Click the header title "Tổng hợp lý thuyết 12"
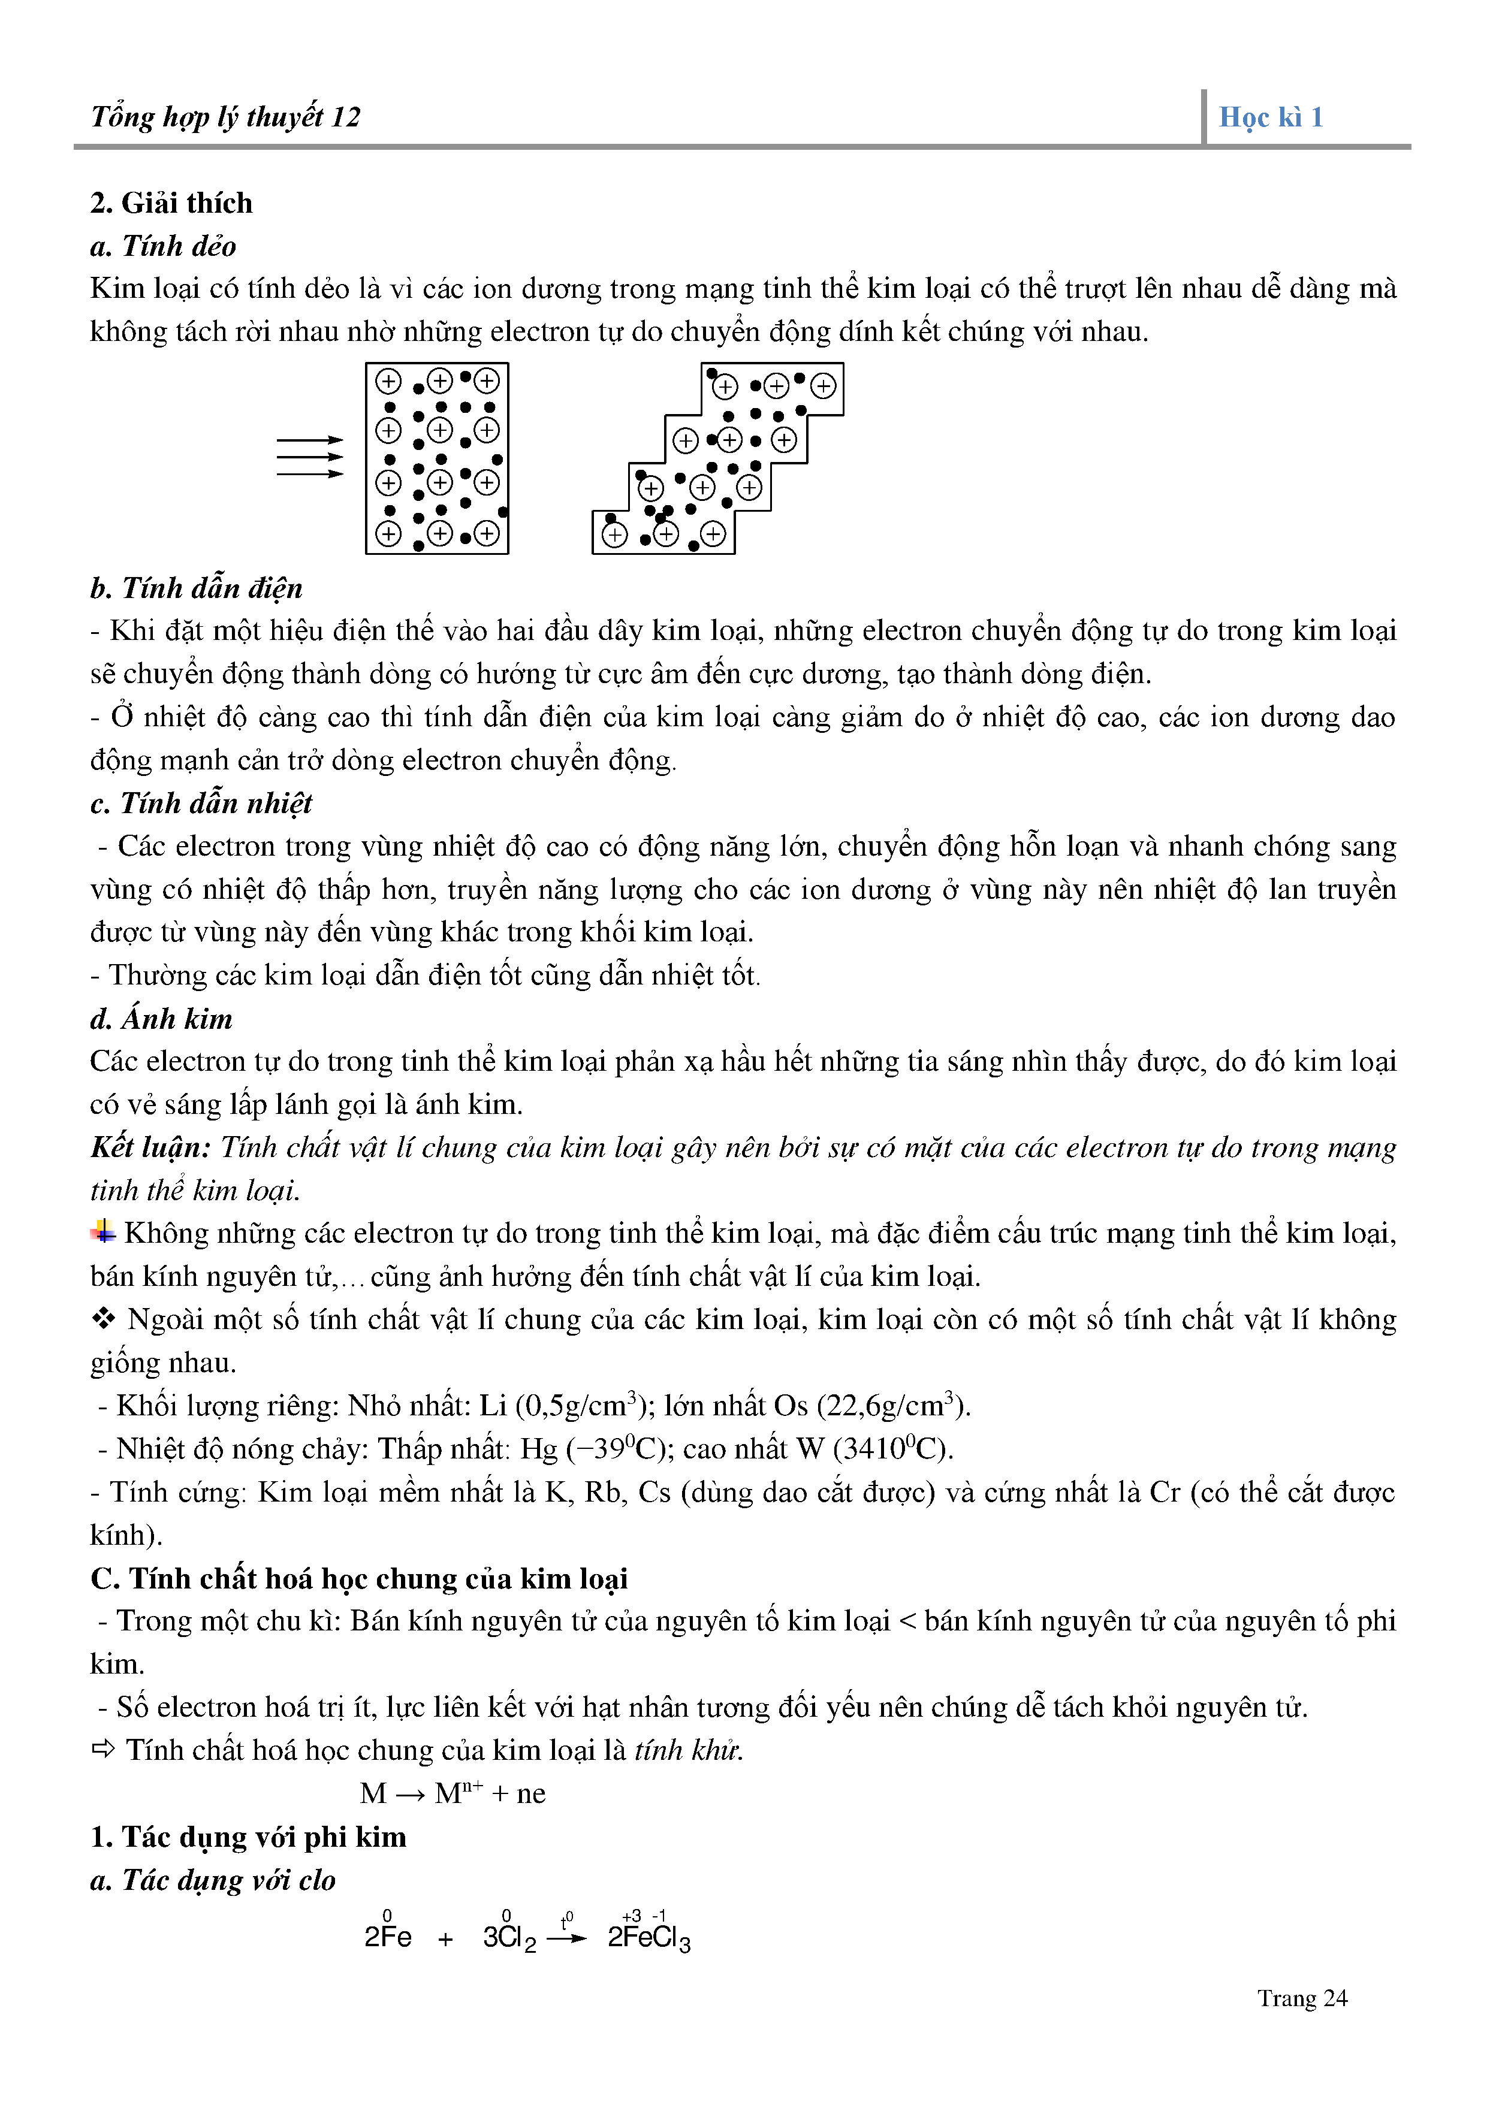(225, 117)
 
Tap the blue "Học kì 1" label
(1271, 117)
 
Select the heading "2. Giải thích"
(171, 203)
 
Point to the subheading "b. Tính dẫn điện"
(196, 588)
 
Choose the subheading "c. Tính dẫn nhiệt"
(201, 803)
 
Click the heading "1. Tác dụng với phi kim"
(248, 1837)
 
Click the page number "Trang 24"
(1302, 1998)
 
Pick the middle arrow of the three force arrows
(309, 457)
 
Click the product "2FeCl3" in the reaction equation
(649, 1938)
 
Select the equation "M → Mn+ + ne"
(453, 1793)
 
